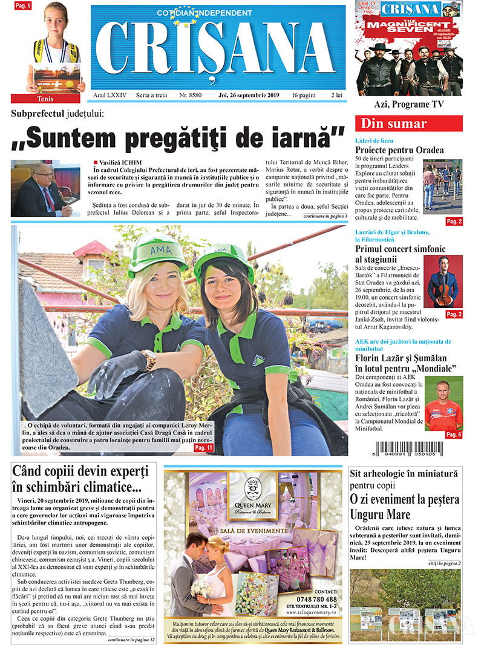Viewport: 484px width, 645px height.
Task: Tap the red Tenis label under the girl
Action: click(x=48, y=98)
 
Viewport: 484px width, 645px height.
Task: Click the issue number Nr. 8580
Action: click(x=191, y=96)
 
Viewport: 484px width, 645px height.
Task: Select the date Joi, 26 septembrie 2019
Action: click(x=249, y=96)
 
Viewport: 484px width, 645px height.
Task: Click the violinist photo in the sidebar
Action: click(x=443, y=281)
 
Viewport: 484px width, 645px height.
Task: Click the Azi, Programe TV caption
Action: click(x=408, y=104)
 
